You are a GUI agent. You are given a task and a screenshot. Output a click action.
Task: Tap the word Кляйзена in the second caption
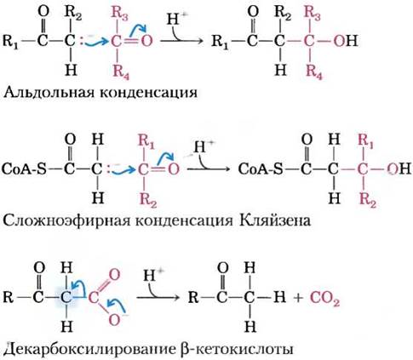tap(274, 220)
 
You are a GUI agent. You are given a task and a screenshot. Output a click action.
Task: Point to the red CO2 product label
tap(324, 299)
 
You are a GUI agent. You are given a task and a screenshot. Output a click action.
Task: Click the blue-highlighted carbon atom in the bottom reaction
tap(66, 298)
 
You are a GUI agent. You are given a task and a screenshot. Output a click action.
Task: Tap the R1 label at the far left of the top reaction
tap(11, 42)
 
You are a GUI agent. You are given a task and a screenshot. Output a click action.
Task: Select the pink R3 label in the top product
tap(313, 14)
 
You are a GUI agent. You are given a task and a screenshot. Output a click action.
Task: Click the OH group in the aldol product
tap(346, 41)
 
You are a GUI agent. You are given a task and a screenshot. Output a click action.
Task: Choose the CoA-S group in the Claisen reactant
tap(24, 169)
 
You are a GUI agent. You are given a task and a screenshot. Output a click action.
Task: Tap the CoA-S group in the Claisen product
tap(261, 169)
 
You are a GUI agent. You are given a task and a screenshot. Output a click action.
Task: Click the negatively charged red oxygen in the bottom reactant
tap(115, 320)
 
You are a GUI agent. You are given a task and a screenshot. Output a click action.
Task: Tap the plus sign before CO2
tap(298, 298)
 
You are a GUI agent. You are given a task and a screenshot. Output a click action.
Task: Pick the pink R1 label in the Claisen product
tap(366, 141)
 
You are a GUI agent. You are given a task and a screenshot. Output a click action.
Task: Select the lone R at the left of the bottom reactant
tap(8, 298)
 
